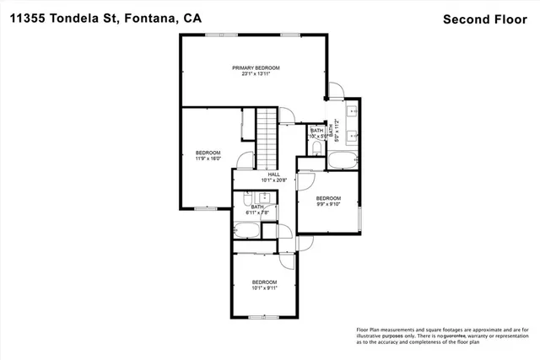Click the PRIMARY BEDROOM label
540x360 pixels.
[256, 67]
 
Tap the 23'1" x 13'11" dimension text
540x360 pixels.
[256, 74]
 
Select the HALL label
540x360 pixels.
[273, 174]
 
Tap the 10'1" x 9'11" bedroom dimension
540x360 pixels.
[265, 287]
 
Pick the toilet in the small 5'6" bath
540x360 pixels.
[316, 148]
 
